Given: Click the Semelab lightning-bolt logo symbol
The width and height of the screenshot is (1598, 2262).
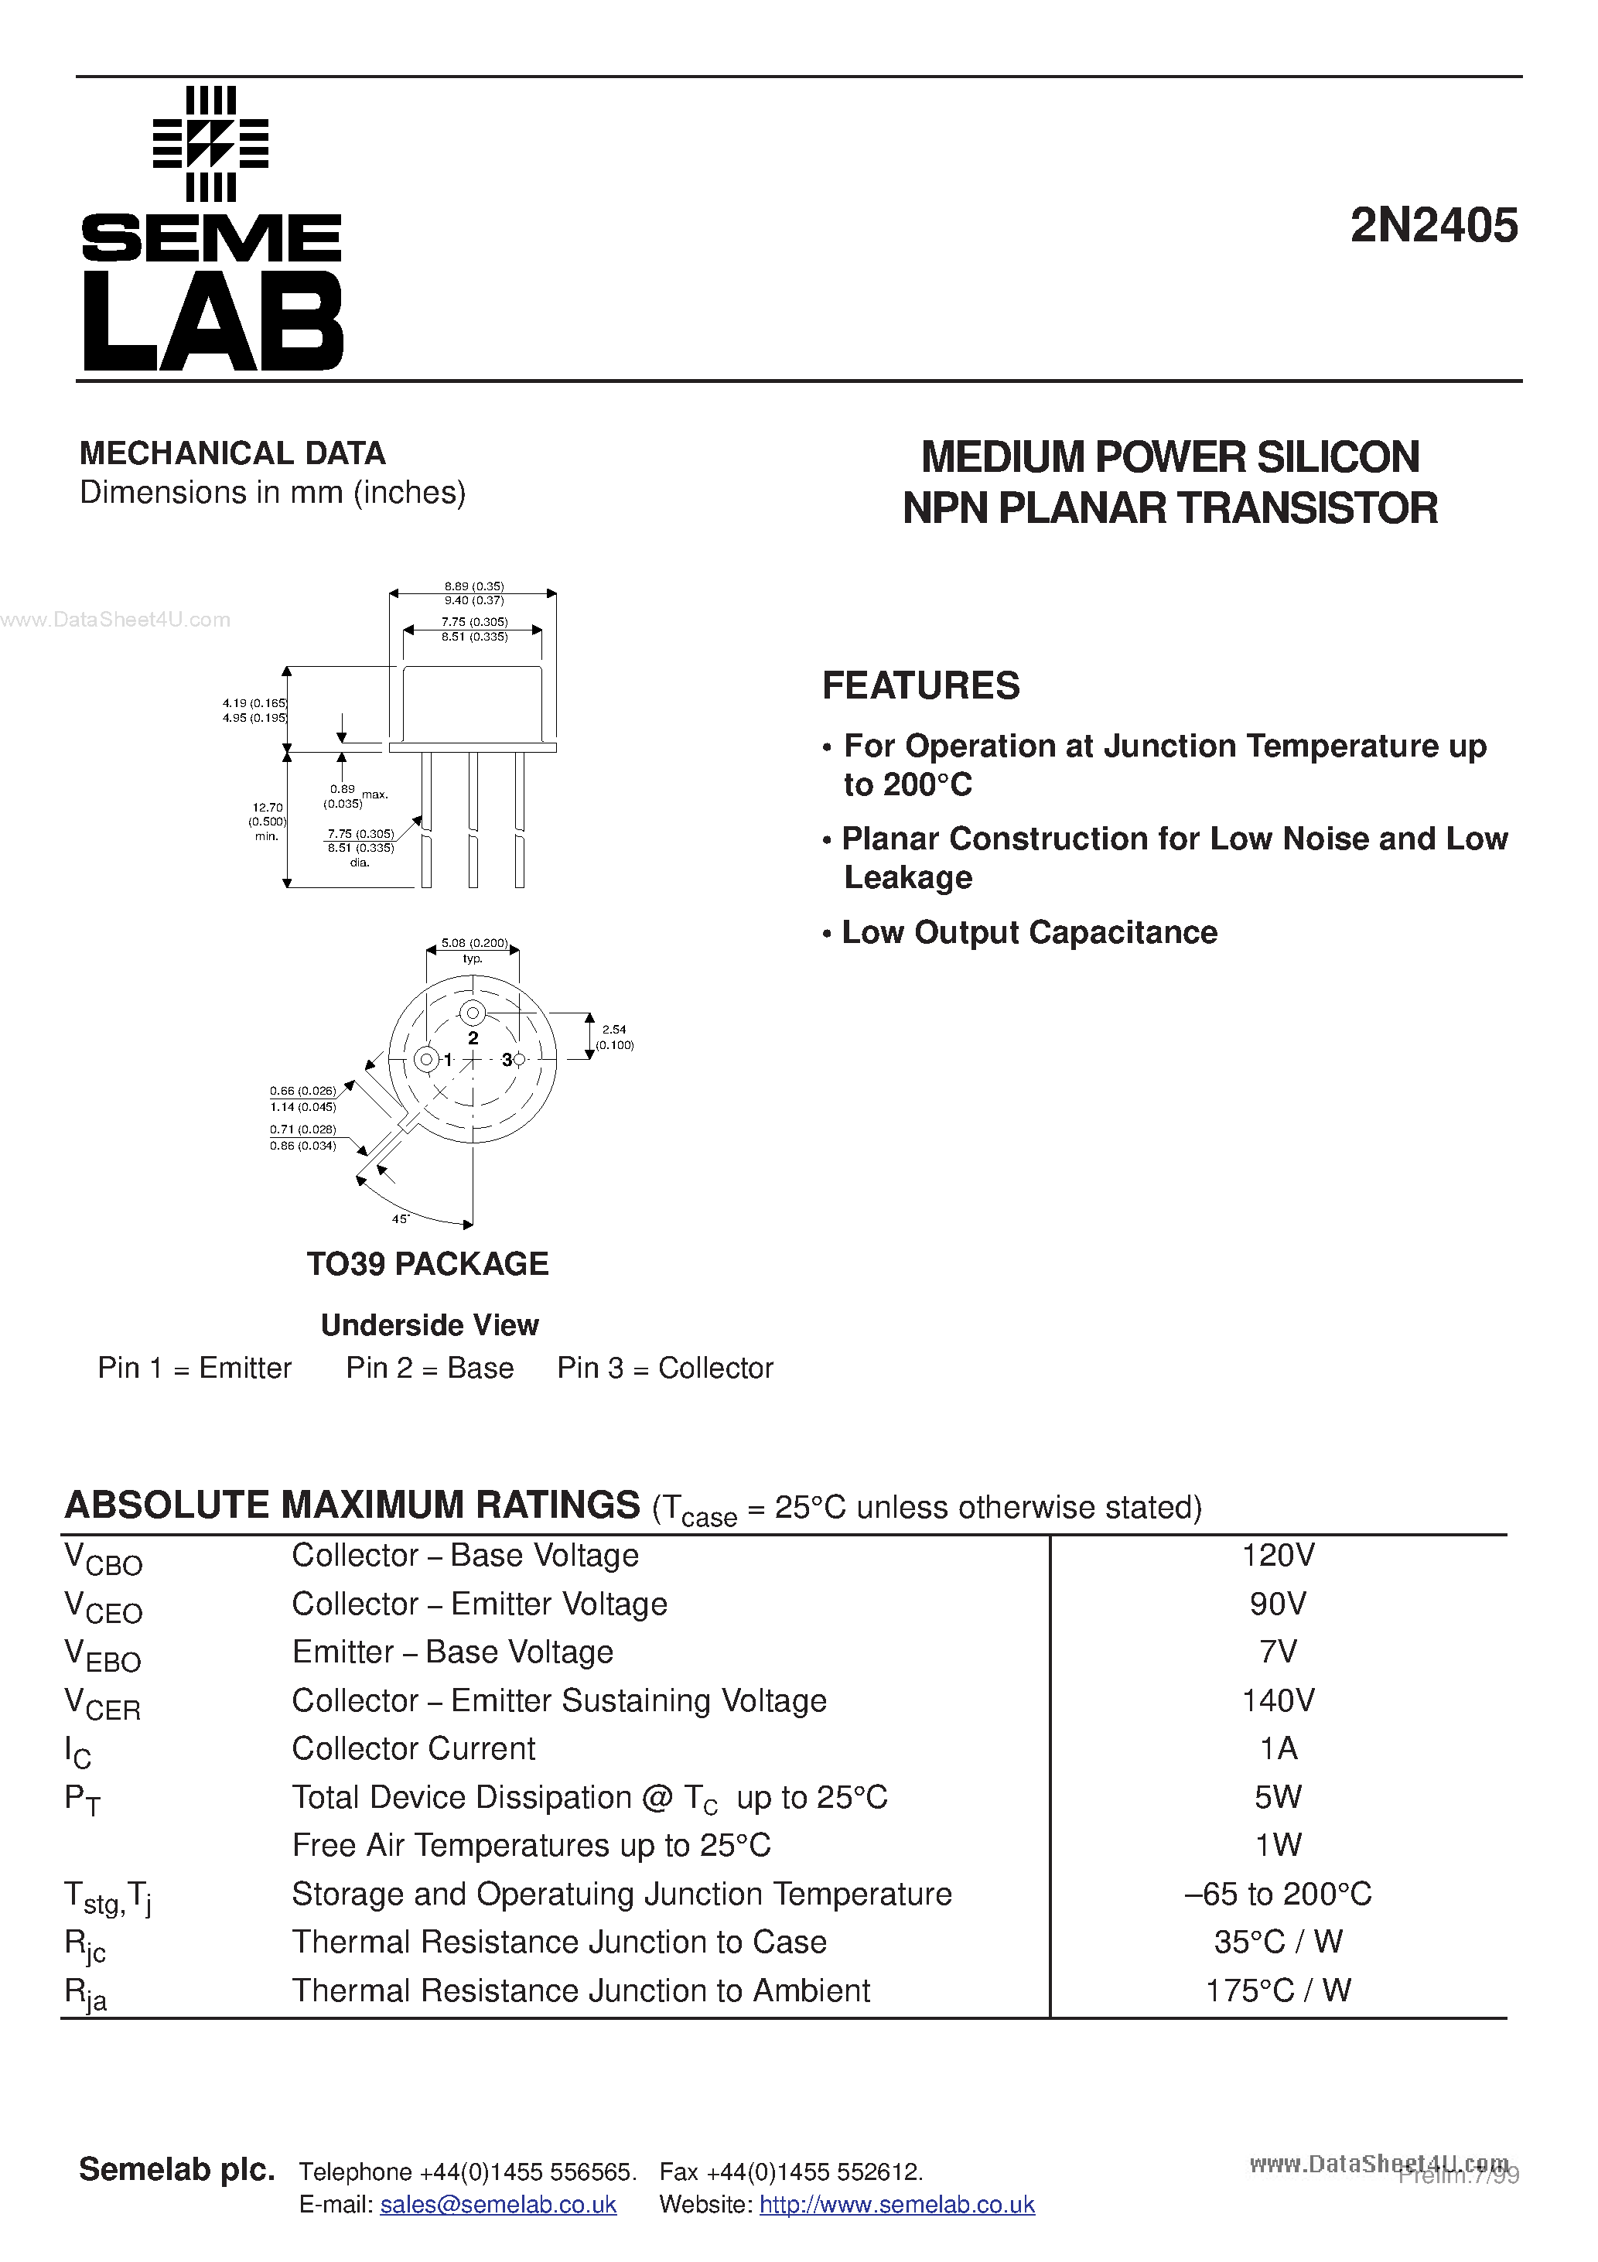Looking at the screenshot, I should [x=211, y=144].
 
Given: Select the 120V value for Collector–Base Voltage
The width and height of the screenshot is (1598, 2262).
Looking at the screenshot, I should [x=1278, y=1556].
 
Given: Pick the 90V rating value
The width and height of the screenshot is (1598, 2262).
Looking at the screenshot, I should [x=1278, y=1604].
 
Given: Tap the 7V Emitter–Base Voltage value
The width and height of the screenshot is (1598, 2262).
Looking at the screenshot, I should [x=1278, y=1652].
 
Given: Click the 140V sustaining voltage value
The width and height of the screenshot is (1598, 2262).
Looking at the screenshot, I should [x=1278, y=1700].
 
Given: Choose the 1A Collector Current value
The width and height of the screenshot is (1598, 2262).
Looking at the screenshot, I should [x=1278, y=1748].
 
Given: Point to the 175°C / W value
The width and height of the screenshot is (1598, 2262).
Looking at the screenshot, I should [x=1278, y=1990].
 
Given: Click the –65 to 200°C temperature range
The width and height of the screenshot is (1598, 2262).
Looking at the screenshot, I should [x=1278, y=1894].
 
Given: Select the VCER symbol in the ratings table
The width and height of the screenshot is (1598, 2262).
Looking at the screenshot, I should [x=102, y=1703].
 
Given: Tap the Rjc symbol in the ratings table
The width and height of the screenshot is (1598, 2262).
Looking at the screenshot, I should [x=86, y=1945].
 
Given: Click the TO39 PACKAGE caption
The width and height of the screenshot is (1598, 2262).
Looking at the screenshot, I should [x=428, y=1264].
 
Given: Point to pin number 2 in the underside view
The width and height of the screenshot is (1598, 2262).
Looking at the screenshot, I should [x=473, y=1037].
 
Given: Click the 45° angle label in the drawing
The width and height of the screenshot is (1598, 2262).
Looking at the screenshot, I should [x=400, y=1218].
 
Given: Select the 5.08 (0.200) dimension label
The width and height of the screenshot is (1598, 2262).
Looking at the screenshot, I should [x=474, y=943].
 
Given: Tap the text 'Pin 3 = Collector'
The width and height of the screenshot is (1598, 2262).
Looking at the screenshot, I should [x=665, y=1368].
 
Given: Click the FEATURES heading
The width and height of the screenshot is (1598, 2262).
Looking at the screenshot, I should [x=921, y=685].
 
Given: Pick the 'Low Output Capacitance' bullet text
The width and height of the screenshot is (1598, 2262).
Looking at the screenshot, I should [x=1029, y=932].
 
